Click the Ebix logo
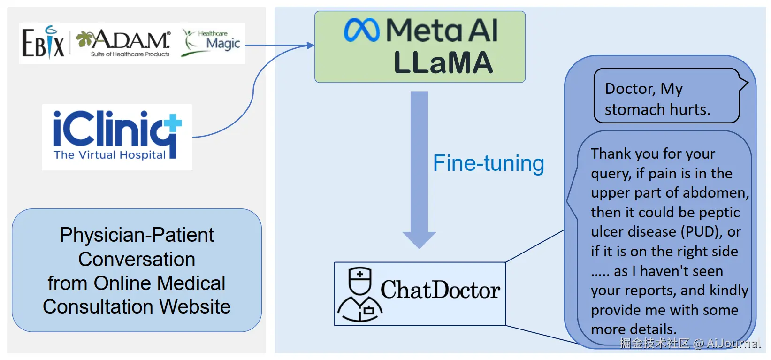point(43,43)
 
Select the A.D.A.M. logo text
point(130,41)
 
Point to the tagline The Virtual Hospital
point(110,155)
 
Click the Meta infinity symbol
point(361,30)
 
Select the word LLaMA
point(443,63)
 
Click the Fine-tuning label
point(489,163)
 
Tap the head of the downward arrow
point(419,239)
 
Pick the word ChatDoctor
point(440,290)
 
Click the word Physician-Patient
point(137,235)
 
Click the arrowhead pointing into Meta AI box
point(310,46)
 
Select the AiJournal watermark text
point(733,344)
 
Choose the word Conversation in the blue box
point(137,259)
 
